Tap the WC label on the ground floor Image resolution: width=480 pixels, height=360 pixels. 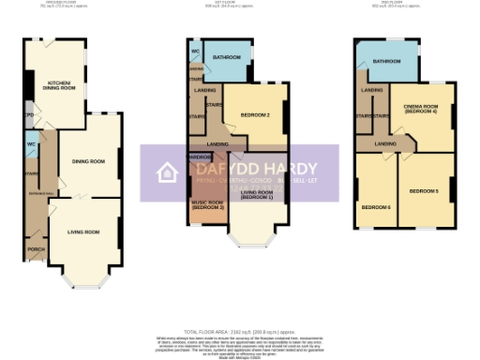pos(32,144)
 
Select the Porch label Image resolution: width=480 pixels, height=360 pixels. pos(37,248)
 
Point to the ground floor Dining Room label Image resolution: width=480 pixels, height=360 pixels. pos(88,162)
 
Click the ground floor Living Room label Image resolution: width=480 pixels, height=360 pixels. pos(84,230)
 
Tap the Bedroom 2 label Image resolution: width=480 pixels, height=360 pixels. pos(255,114)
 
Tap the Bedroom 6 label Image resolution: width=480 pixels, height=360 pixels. pos(376,206)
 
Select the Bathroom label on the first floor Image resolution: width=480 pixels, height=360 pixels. pos(227,57)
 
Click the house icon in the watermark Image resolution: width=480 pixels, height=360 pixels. pos(168,172)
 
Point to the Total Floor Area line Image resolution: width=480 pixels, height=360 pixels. pos(240,333)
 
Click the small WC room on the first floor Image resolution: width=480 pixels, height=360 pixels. pos(195,51)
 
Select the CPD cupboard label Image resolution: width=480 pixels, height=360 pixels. pos(29,117)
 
